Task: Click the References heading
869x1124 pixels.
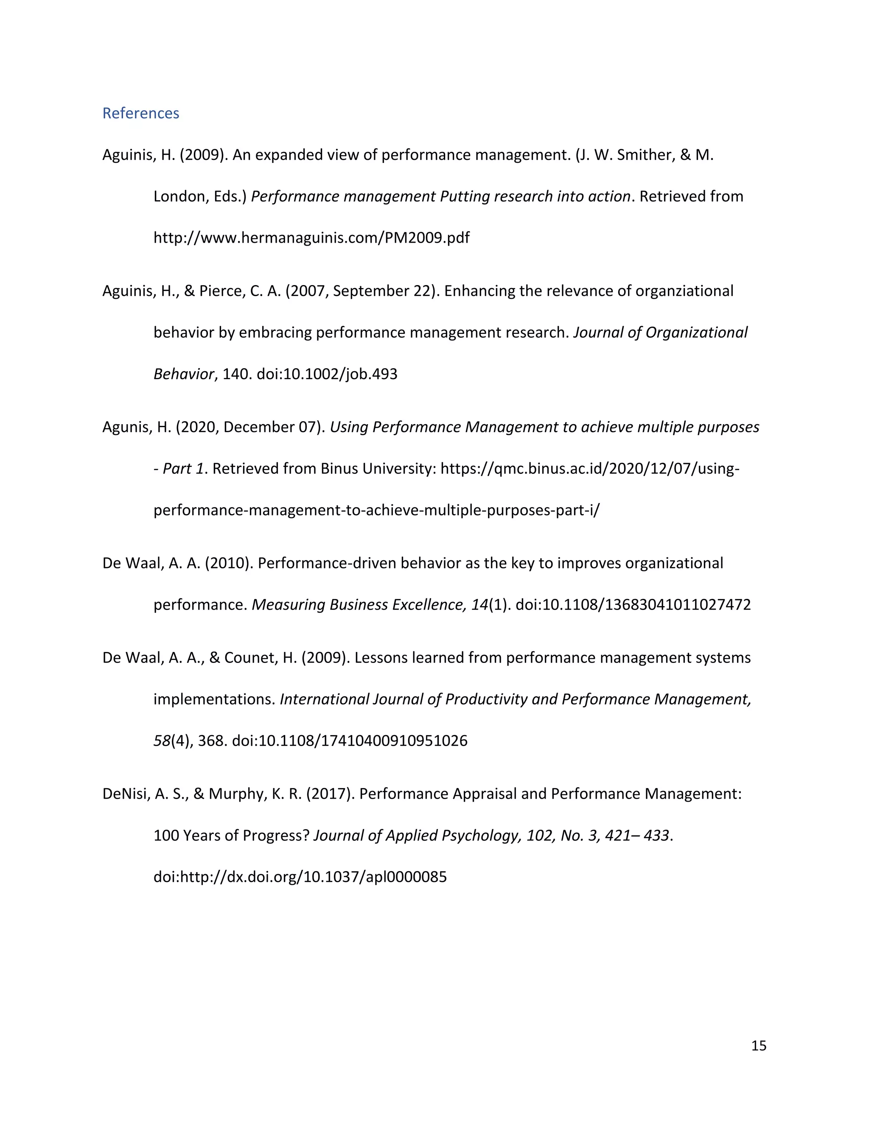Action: pyautogui.click(x=140, y=113)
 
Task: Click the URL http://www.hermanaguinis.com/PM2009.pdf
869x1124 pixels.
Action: pyautogui.click(x=311, y=238)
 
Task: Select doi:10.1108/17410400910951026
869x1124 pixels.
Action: pyautogui.click(x=350, y=741)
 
